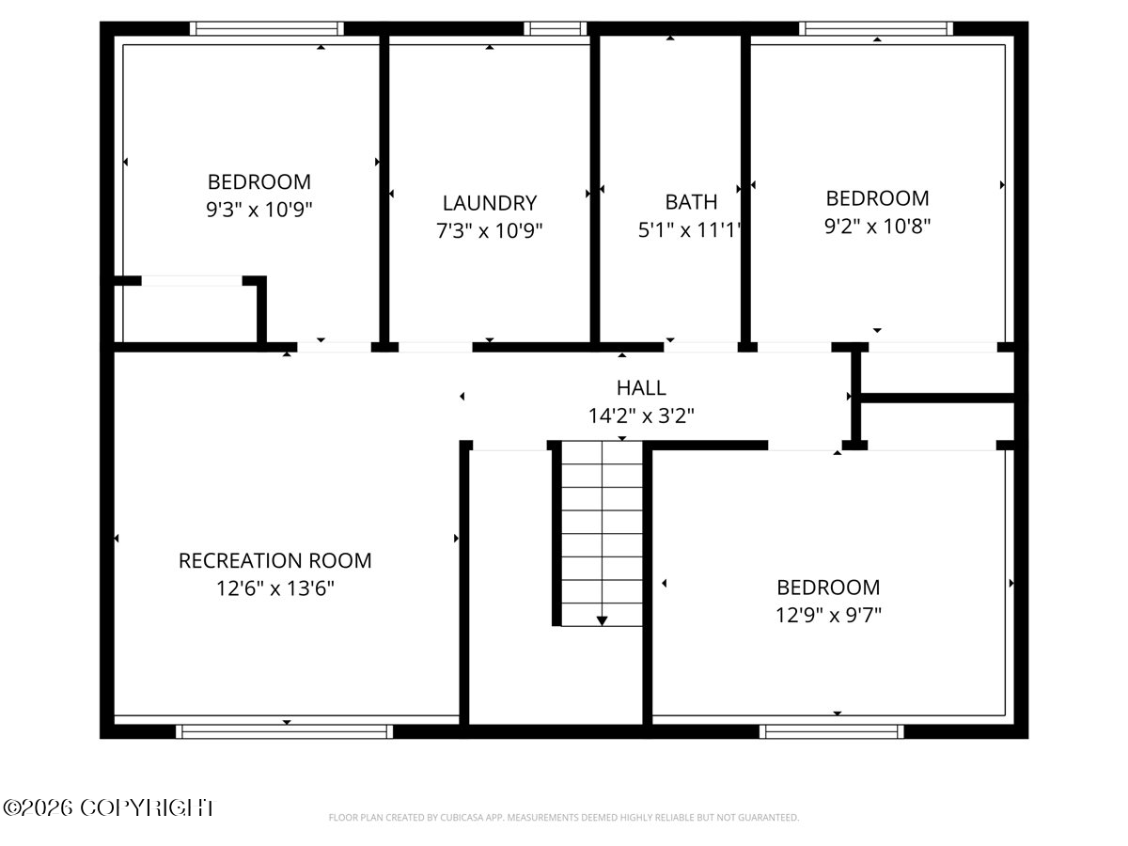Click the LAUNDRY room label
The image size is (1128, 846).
tap(489, 203)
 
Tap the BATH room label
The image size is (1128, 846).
tap(691, 202)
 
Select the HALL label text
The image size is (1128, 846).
tap(641, 388)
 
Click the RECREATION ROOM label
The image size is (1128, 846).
tap(274, 560)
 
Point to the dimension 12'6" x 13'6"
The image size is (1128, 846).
tap(274, 588)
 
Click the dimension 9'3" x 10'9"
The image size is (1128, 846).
tap(259, 209)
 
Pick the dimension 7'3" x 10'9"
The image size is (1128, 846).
tap(489, 230)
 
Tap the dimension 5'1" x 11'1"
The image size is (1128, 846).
tap(689, 229)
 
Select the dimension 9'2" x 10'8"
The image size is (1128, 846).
tap(877, 226)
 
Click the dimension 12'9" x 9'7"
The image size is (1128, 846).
tap(828, 615)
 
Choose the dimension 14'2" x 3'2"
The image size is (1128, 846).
tap(641, 415)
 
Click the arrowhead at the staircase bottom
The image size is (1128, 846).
tap(602, 620)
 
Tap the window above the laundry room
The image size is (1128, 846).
tap(555, 28)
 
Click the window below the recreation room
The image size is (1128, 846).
tap(284, 731)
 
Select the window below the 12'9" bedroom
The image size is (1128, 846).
tap(832, 731)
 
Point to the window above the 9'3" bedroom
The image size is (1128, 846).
tap(267, 28)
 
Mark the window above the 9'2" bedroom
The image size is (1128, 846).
tap(876, 28)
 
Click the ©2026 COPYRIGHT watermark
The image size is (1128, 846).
tap(108, 808)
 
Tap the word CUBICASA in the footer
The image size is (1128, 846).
tap(460, 817)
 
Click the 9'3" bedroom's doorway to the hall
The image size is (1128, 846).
tap(334, 347)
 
